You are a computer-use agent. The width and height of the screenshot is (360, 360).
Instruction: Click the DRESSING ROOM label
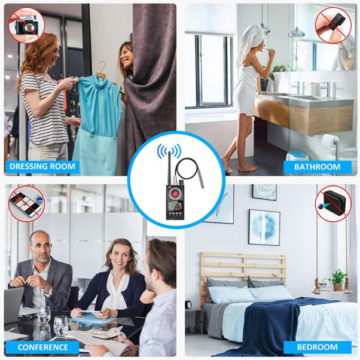(x=42, y=167)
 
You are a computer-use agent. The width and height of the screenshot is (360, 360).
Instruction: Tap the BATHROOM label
(x=317, y=167)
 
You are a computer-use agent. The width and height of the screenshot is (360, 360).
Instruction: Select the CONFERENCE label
(x=42, y=347)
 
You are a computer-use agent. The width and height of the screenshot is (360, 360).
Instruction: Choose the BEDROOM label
(x=317, y=347)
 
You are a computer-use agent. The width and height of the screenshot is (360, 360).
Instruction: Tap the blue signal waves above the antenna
(x=168, y=150)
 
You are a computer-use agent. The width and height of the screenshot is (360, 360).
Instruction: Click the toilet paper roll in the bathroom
(x=330, y=142)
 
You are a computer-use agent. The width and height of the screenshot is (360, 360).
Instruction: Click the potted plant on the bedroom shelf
(x=338, y=279)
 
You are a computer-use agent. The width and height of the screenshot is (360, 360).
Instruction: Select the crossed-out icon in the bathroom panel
(x=333, y=25)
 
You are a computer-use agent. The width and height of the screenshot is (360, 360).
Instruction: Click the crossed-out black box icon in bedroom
(x=333, y=203)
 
